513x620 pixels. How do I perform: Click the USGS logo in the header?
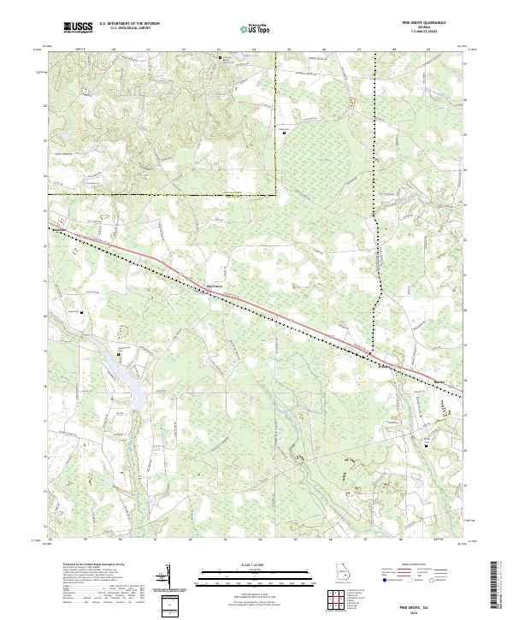click(x=78, y=27)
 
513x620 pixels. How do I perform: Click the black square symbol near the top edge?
click(x=220, y=58)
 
